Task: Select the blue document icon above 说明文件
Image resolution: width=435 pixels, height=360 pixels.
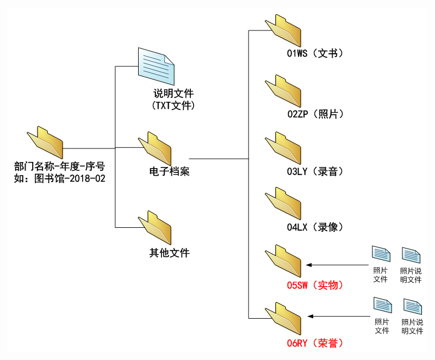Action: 156,66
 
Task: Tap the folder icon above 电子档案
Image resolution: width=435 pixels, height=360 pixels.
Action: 155,147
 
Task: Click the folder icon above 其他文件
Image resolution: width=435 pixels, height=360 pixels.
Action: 155,228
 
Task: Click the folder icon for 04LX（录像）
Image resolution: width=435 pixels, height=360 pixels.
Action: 283,204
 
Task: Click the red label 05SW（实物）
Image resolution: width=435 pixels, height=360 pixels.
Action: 315,285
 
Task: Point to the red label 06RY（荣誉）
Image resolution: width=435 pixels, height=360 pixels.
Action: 315,343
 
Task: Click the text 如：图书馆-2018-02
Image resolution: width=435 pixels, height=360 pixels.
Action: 59,178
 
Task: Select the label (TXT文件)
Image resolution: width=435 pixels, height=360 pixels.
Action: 173,105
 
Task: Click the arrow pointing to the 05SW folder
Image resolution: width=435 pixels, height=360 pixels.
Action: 337,265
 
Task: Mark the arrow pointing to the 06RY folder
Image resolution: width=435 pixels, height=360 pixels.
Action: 337,316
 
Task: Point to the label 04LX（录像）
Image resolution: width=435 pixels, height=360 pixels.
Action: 315,227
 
